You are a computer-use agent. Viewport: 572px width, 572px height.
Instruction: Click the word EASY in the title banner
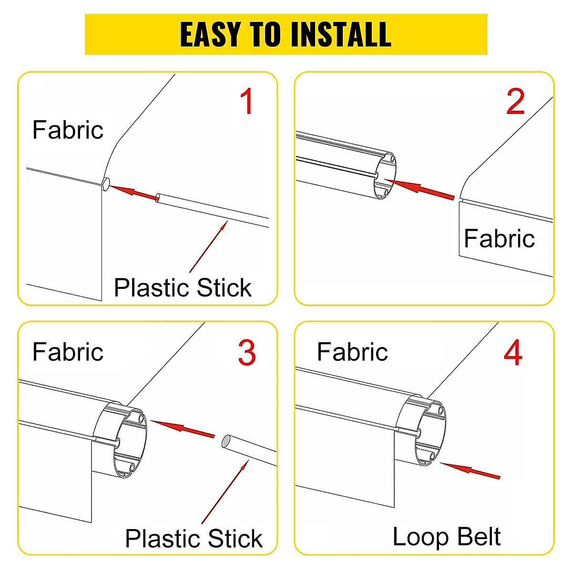[210, 34]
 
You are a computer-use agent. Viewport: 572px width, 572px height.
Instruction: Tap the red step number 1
[246, 102]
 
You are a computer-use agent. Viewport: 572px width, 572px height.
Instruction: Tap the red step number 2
[515, 102]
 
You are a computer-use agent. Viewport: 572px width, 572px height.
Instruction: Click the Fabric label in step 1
[68, 130]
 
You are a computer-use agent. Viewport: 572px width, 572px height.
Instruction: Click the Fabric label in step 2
[499, 238]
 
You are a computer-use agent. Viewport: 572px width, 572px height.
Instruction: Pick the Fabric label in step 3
[68, 352]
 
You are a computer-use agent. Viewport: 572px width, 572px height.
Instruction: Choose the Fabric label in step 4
[352, 352]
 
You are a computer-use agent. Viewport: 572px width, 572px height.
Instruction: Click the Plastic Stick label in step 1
[183, 288]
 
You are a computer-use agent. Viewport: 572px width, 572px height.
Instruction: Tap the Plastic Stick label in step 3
[194, 539]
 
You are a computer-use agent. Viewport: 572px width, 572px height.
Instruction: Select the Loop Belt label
[446, 537]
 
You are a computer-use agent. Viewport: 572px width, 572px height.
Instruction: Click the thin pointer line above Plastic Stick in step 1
[209, 246]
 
